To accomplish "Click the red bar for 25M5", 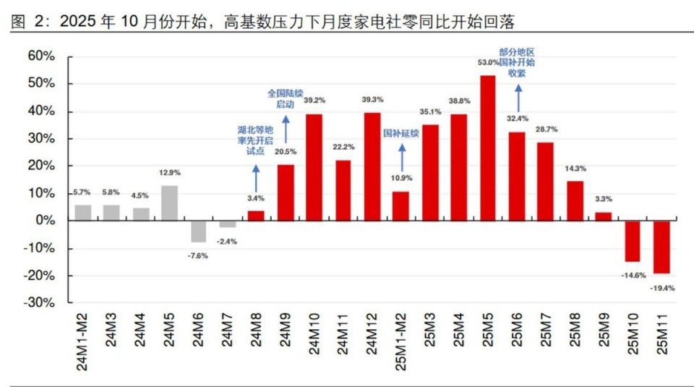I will point(488,148).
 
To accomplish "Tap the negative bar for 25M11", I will point(661,247).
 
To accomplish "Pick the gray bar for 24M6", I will point(199,231).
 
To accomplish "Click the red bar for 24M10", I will point(314,167).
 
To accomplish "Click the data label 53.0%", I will point(488,64).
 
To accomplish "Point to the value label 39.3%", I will point(372,100).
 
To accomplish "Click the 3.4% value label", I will point(257,197).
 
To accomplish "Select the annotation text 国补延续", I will point(401,133).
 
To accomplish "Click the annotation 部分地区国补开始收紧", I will point(517,62).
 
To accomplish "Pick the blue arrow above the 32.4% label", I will point(518,97).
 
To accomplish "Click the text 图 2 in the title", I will point(24,22).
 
